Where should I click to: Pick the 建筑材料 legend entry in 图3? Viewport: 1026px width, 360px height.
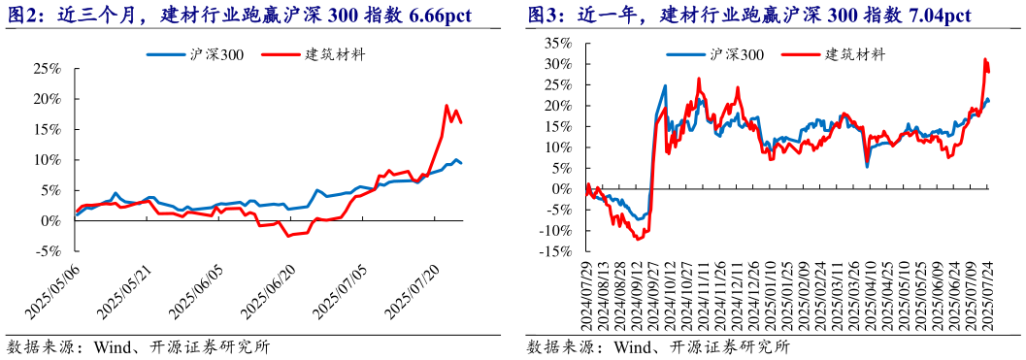[853, 54]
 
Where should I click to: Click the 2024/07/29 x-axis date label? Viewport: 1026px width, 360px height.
[585, 295]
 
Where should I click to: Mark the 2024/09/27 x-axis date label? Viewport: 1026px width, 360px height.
[651, 295]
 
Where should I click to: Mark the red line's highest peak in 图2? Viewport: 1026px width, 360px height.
[447, 106]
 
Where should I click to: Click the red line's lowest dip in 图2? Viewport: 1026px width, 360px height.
[287, 236]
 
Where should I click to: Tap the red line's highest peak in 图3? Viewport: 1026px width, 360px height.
[985, 60]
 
